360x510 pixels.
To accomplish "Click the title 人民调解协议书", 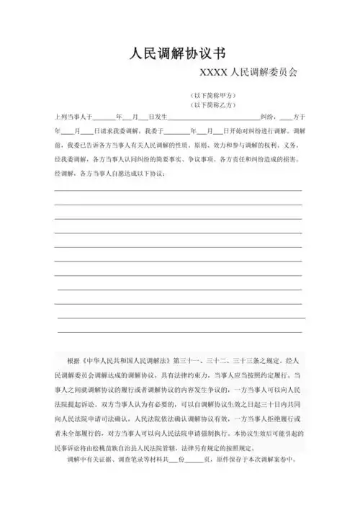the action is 179,53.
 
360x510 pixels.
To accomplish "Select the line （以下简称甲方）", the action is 212,95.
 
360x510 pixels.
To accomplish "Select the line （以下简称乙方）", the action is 212,104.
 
